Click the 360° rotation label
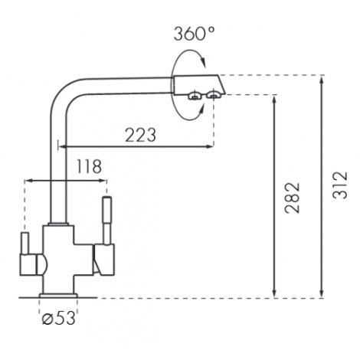pos(195,34)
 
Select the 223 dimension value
pos(140,135)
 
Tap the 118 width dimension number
pos(89,166)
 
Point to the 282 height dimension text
pos(293,198)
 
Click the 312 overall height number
pos(340,185)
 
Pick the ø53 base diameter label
pos(59,319)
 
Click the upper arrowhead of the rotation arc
pos(203,62)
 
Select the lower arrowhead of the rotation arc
pos(201,109)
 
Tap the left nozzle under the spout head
pos(195,96)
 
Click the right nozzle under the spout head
pos(214,95)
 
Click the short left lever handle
pos(25,244)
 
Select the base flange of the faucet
pos(58,296)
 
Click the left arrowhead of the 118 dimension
pos(29,181)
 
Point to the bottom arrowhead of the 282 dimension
pos(274,293)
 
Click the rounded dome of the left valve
pos(42,264)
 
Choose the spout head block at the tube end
pos(199,85)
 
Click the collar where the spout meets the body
pos(58,224)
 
